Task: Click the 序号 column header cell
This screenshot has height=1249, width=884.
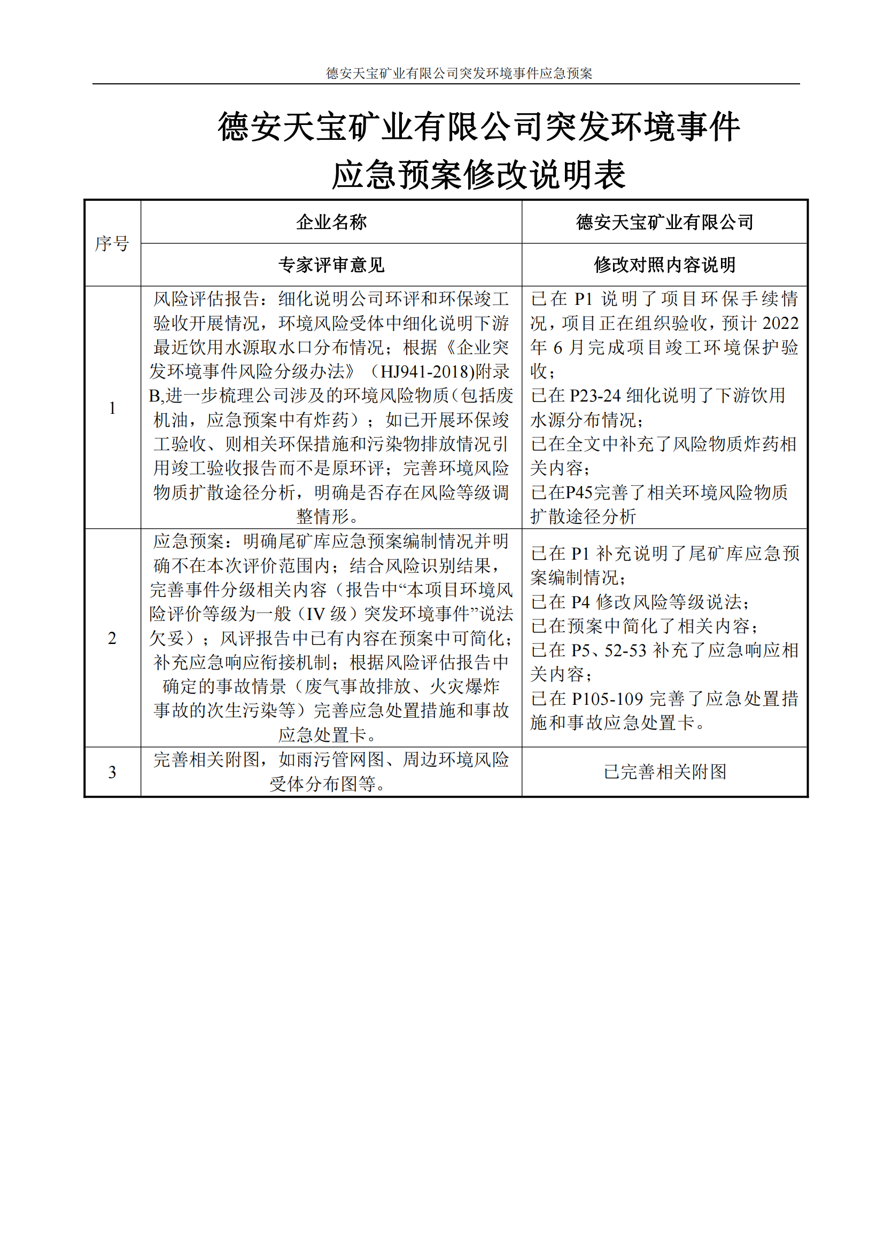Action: [112, 243]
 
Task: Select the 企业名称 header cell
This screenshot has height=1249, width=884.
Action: [331, 222]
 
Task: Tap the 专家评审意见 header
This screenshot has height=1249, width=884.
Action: [331, 265]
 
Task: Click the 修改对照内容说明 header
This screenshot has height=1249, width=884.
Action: [664, 265]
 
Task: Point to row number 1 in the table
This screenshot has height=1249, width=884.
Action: [112, 407]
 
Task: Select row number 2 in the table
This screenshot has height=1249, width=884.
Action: [112, 638]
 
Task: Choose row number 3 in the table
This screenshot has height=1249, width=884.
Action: [112, 772]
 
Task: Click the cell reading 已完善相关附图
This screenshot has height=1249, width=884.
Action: [665, 772]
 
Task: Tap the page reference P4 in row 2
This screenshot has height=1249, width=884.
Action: [580, 602]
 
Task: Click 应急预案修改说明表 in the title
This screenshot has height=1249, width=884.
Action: [478, 175]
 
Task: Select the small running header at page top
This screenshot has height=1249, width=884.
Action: [459, 73]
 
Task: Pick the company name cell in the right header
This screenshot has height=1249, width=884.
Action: [664, 222]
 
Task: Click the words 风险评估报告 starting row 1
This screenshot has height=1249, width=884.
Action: [206, 298]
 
